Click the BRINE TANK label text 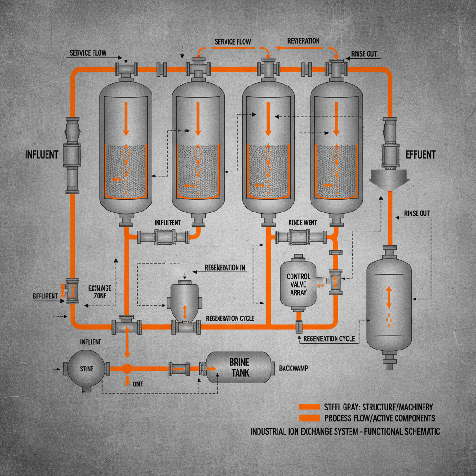239,367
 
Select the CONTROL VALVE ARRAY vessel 297,283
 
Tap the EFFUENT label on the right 420,154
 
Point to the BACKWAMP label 294,368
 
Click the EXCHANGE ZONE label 100,291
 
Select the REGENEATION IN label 225,268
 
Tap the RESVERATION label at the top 303,41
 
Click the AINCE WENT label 302,223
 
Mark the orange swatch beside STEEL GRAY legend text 310,407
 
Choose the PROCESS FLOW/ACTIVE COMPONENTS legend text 379,418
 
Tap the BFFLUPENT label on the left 45,296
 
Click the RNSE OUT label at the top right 364,54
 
